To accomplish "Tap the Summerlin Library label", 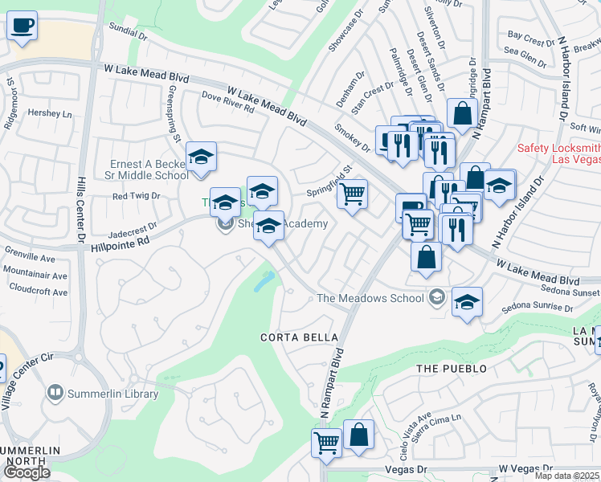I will (111, 393).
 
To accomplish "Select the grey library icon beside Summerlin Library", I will (55, 393).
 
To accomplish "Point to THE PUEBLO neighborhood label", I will (452, 369).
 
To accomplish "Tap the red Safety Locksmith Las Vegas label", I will (558, 153).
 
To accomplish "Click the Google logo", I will (27, 472).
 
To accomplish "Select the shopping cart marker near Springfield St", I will (352, 194).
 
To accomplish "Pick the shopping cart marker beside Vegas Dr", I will (326, 443).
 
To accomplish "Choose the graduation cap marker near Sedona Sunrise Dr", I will (467, 302).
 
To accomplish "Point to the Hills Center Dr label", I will (81, 209).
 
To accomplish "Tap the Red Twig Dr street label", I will (137, 196).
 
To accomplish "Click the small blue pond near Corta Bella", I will (264, 280).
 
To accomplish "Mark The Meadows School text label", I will (370, 298).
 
